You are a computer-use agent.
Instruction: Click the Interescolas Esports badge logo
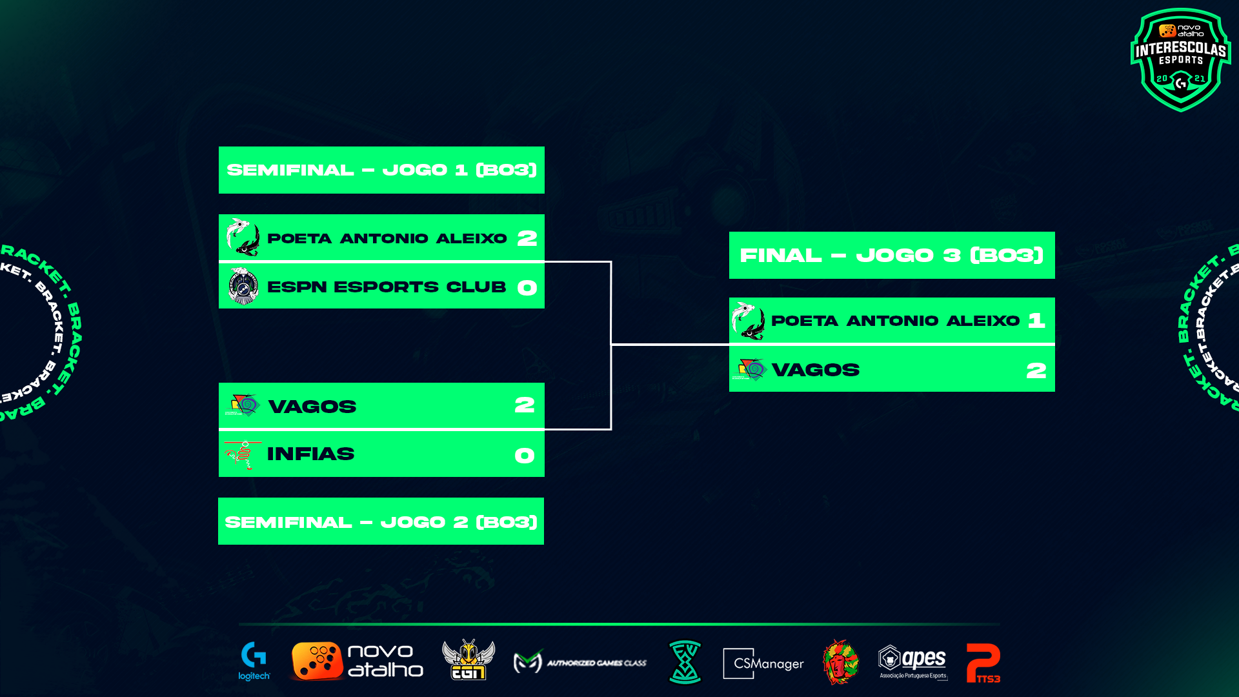coord(1180,59)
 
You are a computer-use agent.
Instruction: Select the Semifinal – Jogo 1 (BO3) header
coord(381,170)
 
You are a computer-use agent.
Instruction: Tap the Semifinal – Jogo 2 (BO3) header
coord(381,521)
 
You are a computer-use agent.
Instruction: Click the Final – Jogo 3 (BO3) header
coord(892,256)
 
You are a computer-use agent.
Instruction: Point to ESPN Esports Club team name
coord(387,287)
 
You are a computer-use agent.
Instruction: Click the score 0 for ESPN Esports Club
coord(527,288)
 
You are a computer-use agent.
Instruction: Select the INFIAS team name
coord(310,454)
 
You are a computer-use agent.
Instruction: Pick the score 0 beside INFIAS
coord(524,456)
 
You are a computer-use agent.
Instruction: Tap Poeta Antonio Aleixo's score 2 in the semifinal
coord(527,239)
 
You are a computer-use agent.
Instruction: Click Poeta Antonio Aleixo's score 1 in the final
coord(1036,321)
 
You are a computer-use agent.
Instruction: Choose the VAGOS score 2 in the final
coord(1036,370)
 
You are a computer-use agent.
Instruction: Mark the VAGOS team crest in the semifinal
coord(243,405)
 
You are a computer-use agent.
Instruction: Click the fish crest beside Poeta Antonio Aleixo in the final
coord(749,321)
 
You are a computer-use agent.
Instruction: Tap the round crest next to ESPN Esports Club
coord(243,286)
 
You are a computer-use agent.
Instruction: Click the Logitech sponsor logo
coord(254,662)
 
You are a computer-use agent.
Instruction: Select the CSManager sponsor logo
coord(763,663)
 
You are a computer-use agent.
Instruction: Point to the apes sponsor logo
coord(912,662)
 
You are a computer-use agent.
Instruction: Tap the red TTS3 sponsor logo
coord(983,663)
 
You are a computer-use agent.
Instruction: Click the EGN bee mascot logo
coord(468,660)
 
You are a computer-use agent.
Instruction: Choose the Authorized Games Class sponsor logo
coord(579,662)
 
